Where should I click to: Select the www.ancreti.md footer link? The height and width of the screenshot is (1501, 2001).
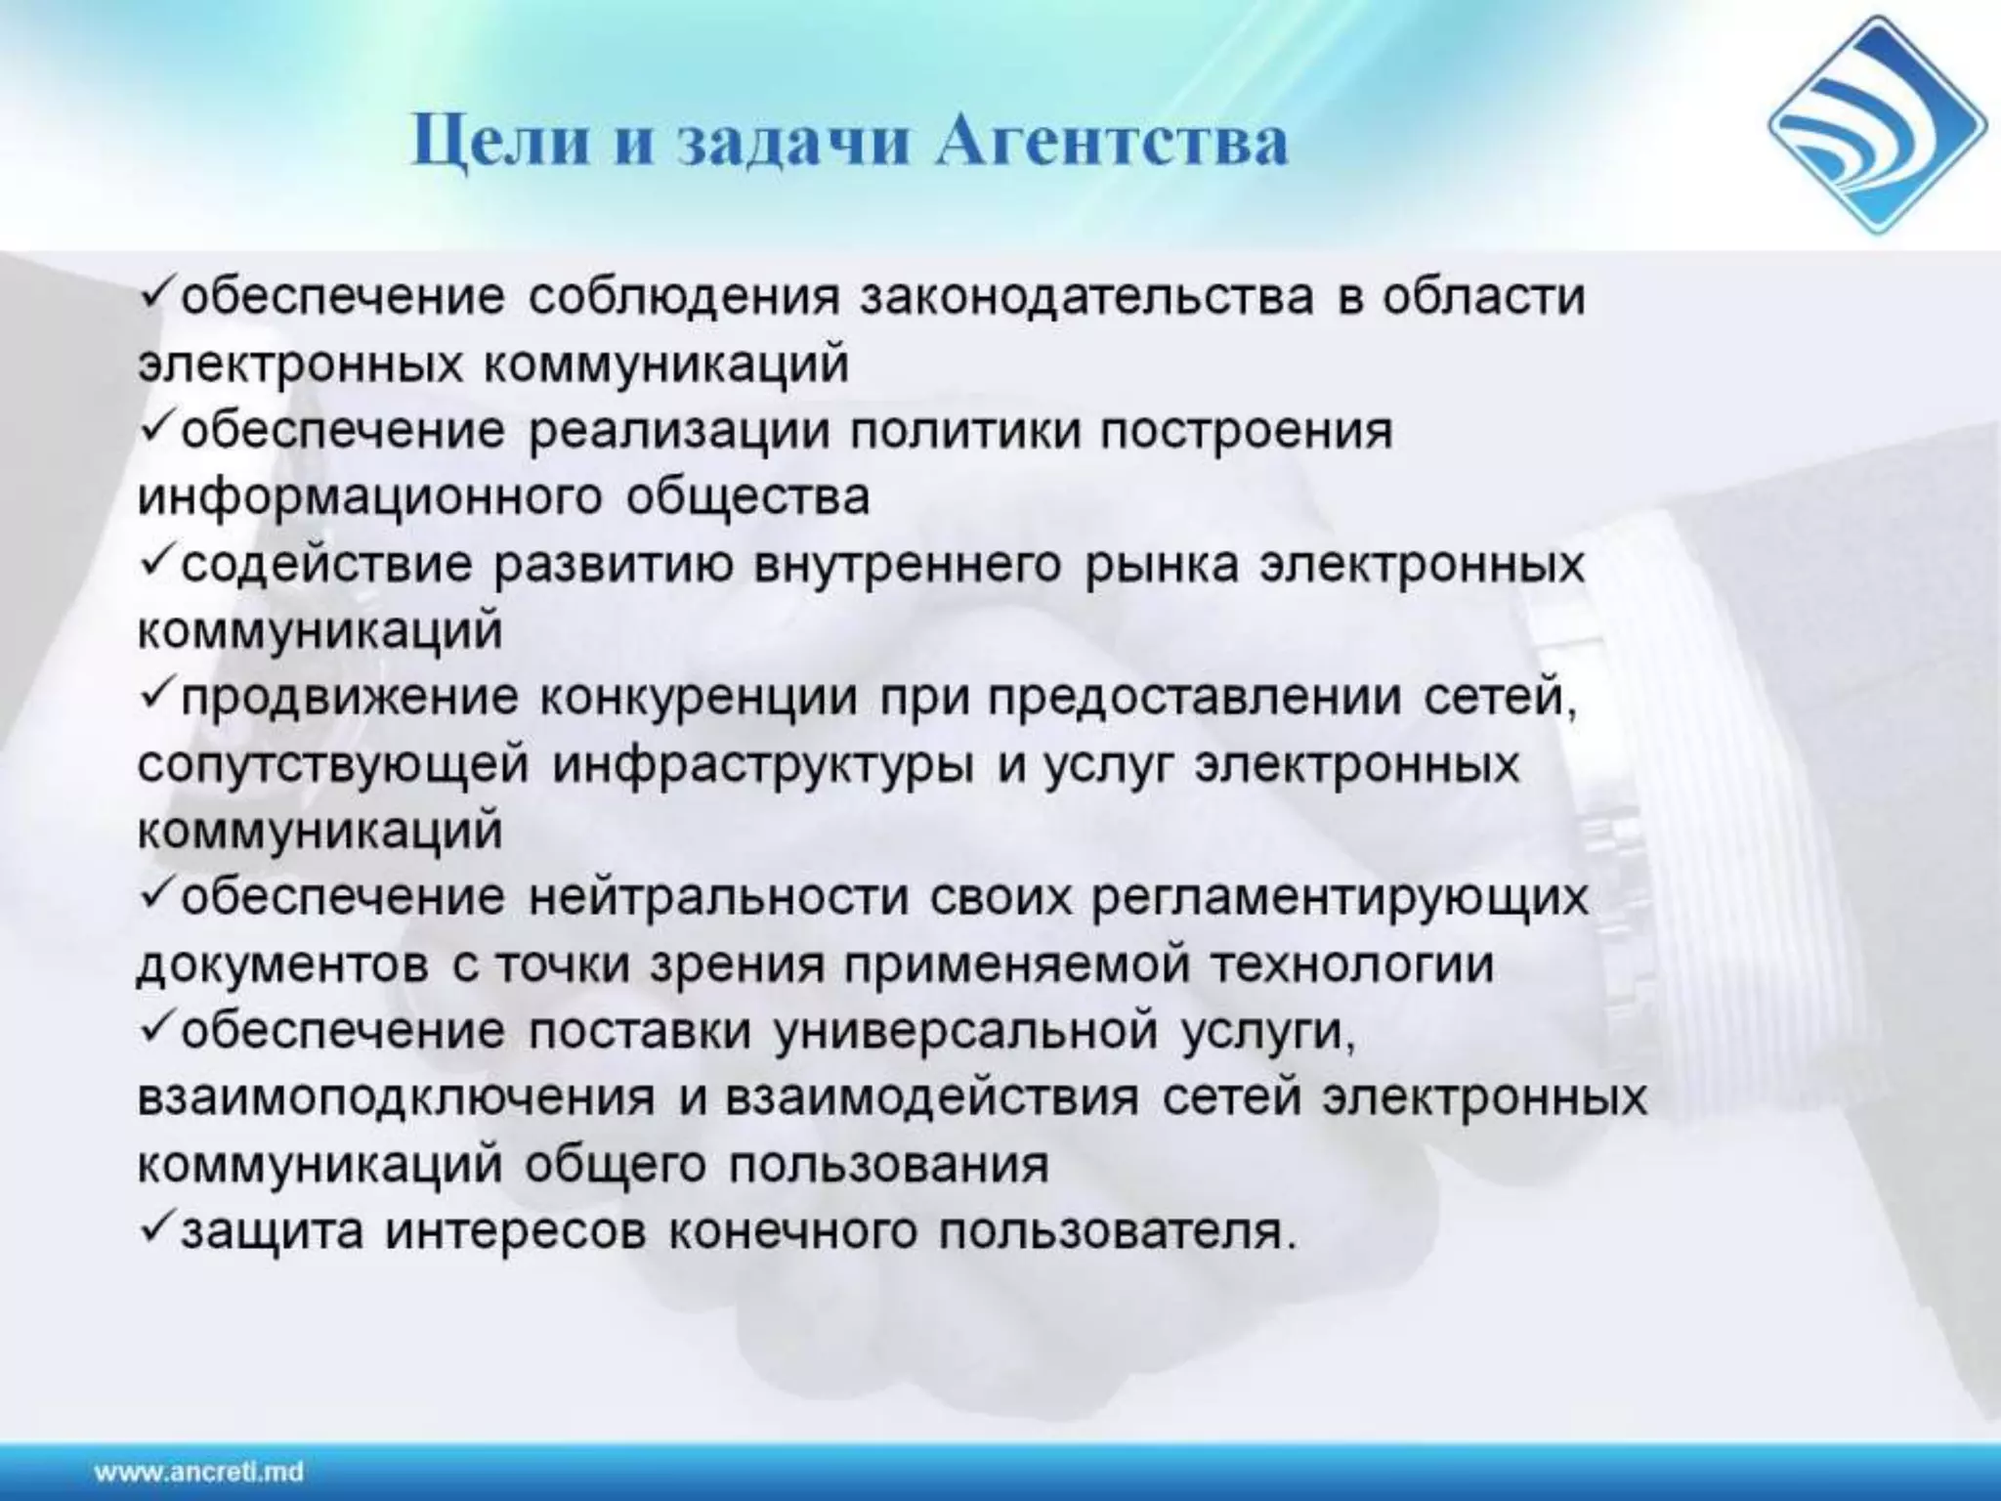click(199, 1471)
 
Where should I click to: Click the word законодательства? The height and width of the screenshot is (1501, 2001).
click(1086, 296)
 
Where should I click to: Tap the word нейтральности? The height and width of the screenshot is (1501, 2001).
click(718, 898)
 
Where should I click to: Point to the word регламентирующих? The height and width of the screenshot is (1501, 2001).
click(1340, 898)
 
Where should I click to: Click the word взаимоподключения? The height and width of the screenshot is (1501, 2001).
click(396, 1097)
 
